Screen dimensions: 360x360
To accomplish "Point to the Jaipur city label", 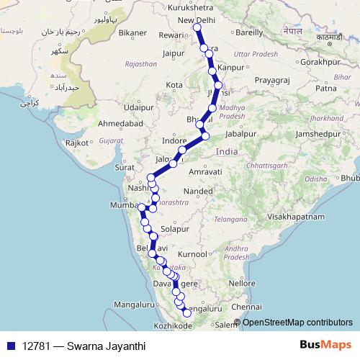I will tap(175, 53).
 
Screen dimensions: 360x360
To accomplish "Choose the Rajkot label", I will tap(76, 143).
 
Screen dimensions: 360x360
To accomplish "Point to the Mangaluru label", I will tap(133, 305).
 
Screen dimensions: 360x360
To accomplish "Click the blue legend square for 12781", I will tap(11, 346).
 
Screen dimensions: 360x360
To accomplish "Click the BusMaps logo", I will tap(325, 346).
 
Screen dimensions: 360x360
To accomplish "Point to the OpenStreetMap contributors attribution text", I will tap(297, 323).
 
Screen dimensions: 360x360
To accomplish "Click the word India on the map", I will tap(226, 152).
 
